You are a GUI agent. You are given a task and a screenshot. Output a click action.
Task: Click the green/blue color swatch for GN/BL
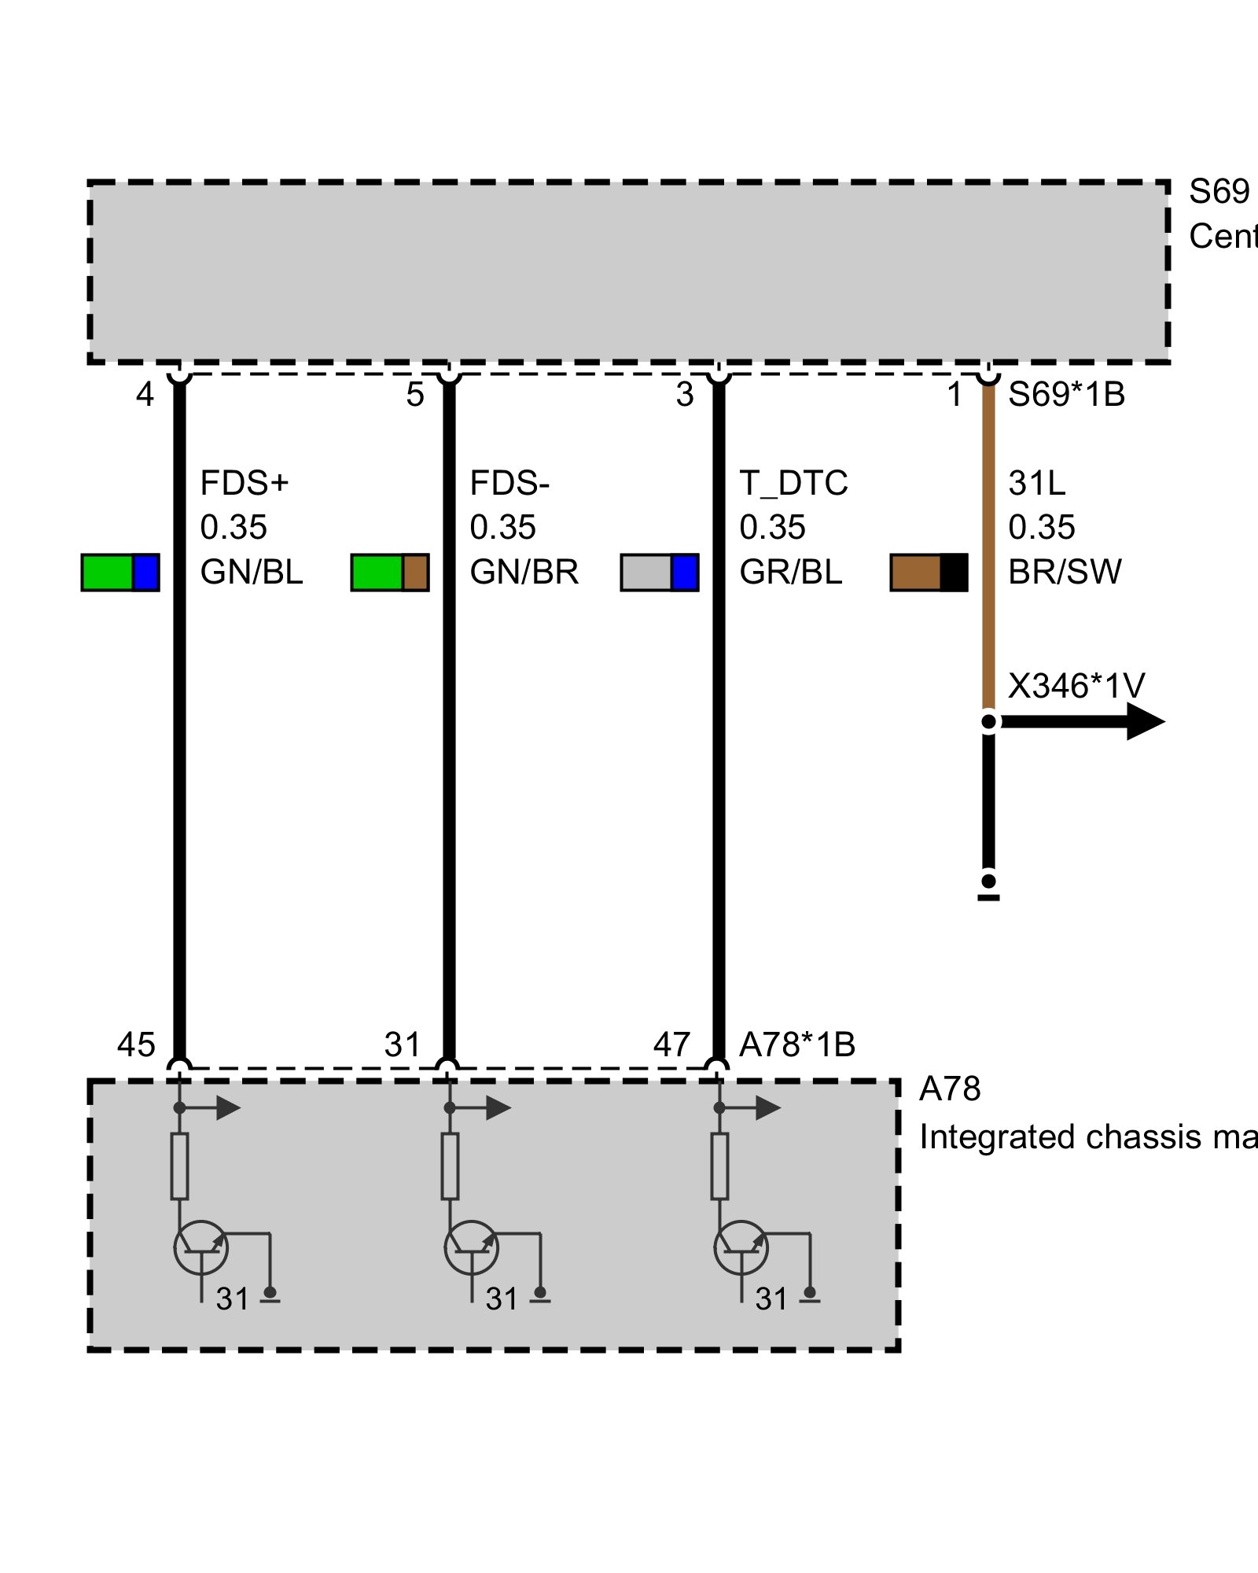point(120,572)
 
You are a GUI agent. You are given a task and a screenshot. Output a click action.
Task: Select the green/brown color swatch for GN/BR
point(390,572)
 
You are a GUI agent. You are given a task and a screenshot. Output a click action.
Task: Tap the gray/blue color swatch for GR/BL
point(660,572)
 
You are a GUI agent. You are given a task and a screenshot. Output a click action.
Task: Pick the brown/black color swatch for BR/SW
point(929,572)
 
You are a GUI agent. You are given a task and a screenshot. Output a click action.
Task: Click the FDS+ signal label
point(244,483)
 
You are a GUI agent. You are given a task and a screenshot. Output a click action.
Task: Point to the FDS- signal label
point(509,483)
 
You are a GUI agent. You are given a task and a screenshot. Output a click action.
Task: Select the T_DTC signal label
point(793,483)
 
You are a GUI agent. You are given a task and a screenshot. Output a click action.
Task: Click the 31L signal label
point(1037,483)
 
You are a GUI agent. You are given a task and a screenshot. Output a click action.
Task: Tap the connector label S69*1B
point(1066,394)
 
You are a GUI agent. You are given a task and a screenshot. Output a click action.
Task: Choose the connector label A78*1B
point(797,1044)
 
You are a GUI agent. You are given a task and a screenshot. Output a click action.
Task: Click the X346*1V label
point(1076,686)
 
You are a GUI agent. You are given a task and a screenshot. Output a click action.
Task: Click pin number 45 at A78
point(136,1044)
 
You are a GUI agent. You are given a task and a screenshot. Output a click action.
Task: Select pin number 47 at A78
point(671,1044)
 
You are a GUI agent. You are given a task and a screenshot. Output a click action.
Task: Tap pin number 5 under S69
point(415,394)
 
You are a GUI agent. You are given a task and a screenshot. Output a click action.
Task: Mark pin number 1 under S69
point(955,394)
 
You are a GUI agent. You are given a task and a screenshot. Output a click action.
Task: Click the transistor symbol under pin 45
point(201,1247)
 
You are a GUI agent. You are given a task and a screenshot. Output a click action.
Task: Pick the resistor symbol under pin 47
point(719,1166)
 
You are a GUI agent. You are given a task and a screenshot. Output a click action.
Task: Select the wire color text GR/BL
point(790,572)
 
